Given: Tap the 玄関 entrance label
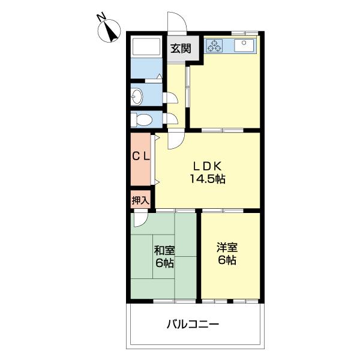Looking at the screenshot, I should pos(179,49).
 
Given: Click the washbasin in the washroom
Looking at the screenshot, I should pos(137,95).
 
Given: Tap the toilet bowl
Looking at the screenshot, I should pos(140,119).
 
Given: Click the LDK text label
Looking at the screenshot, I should pos(208,166).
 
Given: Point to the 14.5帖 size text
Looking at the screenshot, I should pos(208,179).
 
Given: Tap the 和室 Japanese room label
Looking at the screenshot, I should pos(164,250).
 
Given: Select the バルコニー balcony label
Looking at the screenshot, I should pos(193,325).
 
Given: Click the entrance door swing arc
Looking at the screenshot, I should pos(177,21).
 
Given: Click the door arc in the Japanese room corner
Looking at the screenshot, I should pos(140,220).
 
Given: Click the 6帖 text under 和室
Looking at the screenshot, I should pos(164,263).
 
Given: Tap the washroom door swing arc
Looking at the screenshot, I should pos(172,97).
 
